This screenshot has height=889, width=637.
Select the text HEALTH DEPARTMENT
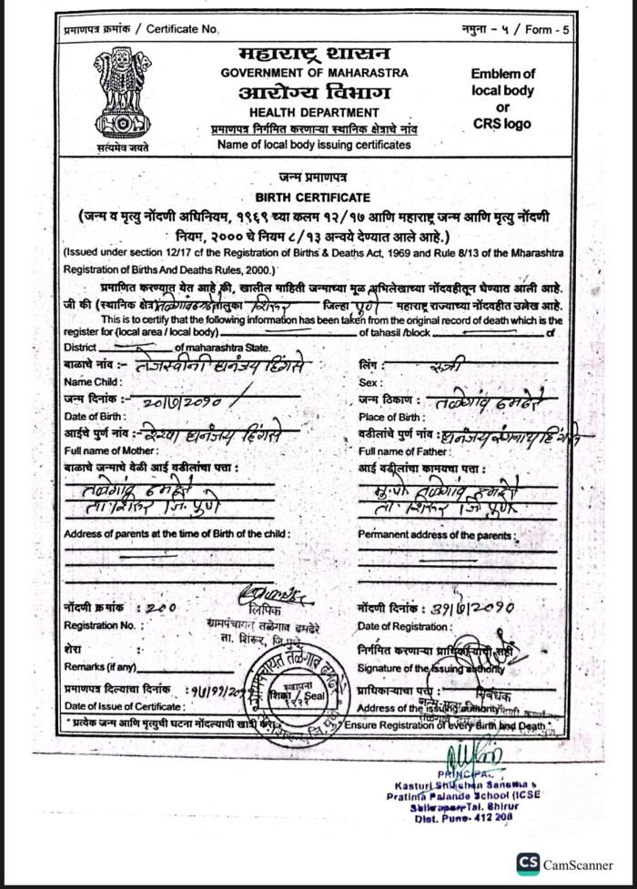coord(314,113)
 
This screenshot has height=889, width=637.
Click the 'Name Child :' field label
coord(89,381)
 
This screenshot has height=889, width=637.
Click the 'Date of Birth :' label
coord(96,416)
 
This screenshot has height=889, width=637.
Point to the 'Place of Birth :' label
coord(392,416)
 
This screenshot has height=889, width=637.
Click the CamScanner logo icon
coord(528,863)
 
